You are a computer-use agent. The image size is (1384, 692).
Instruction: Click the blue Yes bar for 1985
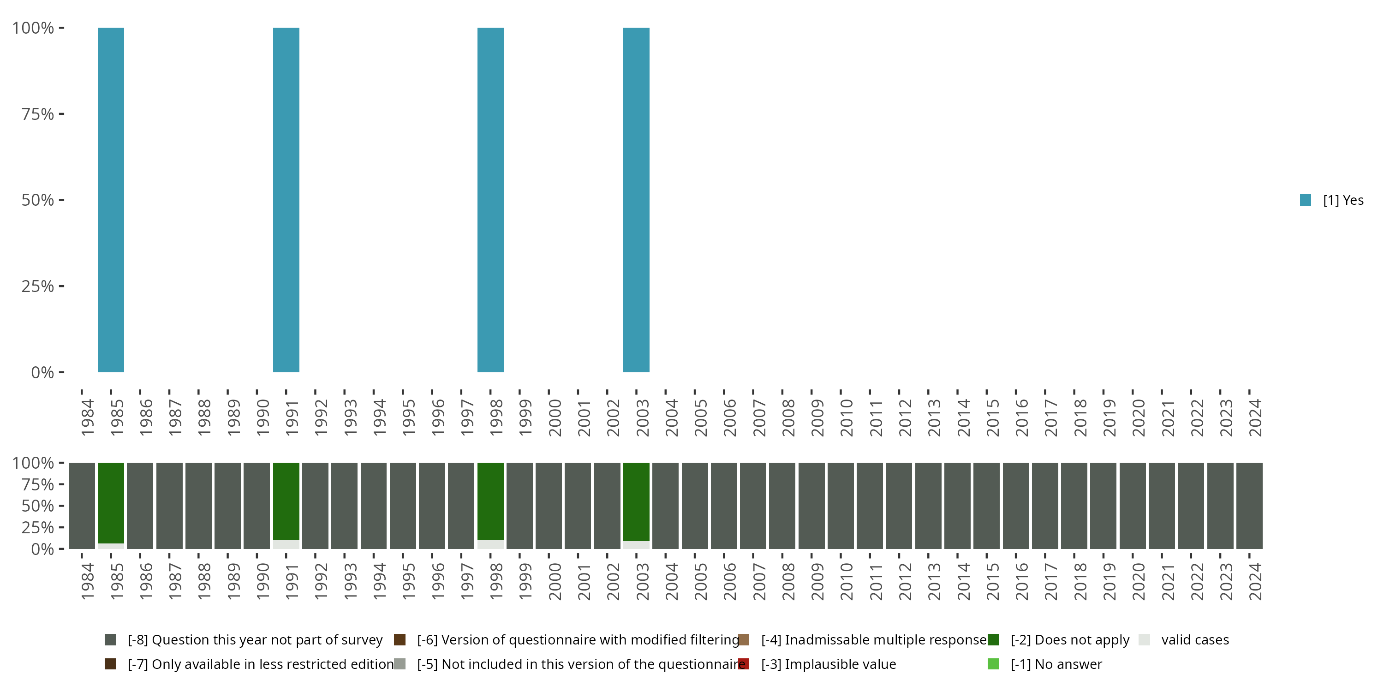tap(111, 199)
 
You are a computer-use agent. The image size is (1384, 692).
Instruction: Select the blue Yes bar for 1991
tap(286, 199)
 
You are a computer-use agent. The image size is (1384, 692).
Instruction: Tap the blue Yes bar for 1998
tap(490, 199)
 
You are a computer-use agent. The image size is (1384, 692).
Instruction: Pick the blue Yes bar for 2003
tap(636, 199)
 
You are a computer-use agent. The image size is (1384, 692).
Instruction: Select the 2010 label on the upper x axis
tap(846, 418)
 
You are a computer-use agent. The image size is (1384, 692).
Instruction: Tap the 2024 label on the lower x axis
tap(1254, 582)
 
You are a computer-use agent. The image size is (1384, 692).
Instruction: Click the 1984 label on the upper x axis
tap(87, 418)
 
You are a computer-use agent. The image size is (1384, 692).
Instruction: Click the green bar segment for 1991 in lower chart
tap(286, 501)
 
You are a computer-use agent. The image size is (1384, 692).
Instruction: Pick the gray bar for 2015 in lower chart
tap(986, 506)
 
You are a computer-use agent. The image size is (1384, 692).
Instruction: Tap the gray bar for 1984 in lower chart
tap(82, 506)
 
